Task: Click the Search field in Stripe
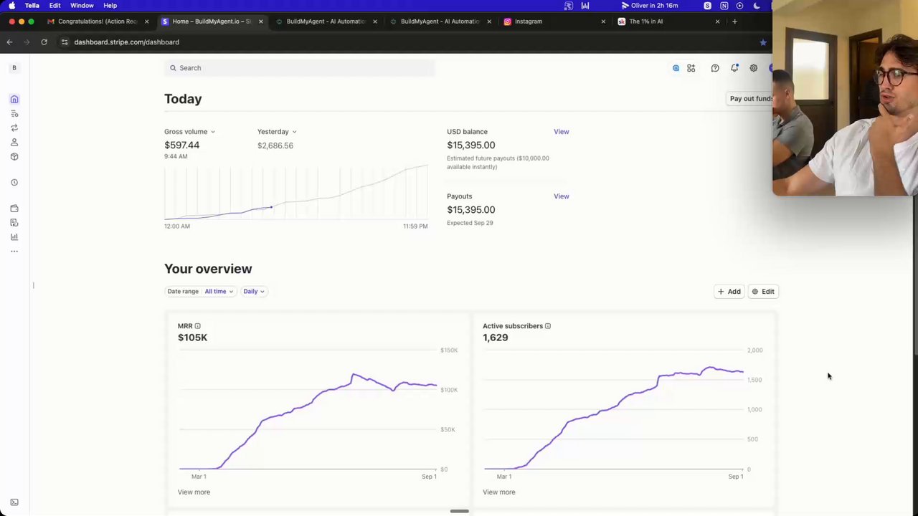(301, 68)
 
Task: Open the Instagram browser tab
(529, 21)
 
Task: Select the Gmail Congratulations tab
(97, 21)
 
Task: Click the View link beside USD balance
(561, 132)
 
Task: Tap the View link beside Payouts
(561, 196)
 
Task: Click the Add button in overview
(729, 292)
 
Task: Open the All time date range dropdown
(219, 292)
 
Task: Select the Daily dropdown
(253, 292)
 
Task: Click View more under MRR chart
(194, 492)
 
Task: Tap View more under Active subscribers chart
(498, 492)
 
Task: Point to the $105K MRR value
(192, 338)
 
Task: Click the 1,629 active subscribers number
(495, 338)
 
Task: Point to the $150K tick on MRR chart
(448, 350)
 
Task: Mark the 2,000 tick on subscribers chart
(754, 350)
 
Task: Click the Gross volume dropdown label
(189, 132)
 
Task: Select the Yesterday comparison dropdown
(276, 132)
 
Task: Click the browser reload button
(44, 42)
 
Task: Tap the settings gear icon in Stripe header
(753, 68)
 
